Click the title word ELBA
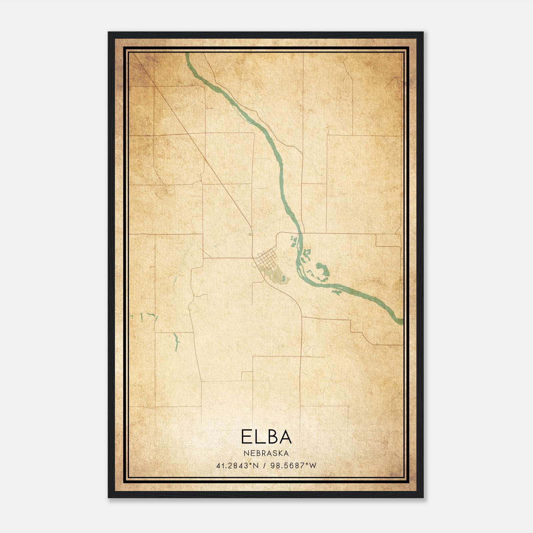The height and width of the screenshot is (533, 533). click(x=266, y=437)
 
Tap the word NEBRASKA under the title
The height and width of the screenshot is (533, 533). click(x=266, y=453)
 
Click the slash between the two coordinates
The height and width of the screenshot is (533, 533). click(x=264, y=465)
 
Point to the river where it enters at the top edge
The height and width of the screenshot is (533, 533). click(x=187, y=55)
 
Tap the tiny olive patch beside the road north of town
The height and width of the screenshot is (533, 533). click(x=250, y=235)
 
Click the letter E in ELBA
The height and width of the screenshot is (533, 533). click(x=246, y=437)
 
